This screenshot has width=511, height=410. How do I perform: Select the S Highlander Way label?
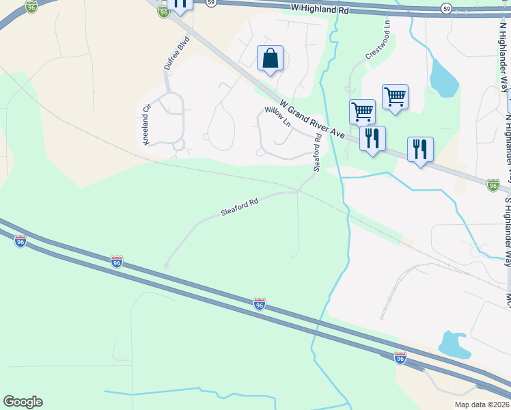(507, 229)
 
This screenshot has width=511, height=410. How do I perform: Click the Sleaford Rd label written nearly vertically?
(317, 153)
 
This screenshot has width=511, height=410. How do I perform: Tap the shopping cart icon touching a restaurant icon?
(361, 111)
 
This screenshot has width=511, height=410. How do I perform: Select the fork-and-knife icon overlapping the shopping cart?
(372, 139)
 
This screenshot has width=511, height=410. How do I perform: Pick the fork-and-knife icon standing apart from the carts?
(419, 149)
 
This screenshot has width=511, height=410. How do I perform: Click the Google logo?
(23, 402)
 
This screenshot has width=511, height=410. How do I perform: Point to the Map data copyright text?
(481, 405)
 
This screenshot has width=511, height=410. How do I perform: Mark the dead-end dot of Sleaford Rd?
(165, 265)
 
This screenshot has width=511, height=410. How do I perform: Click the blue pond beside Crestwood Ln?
(444, 79)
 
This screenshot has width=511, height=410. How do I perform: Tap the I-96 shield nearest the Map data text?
(400, 357)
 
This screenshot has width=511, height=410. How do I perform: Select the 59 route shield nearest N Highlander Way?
(445, 8)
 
